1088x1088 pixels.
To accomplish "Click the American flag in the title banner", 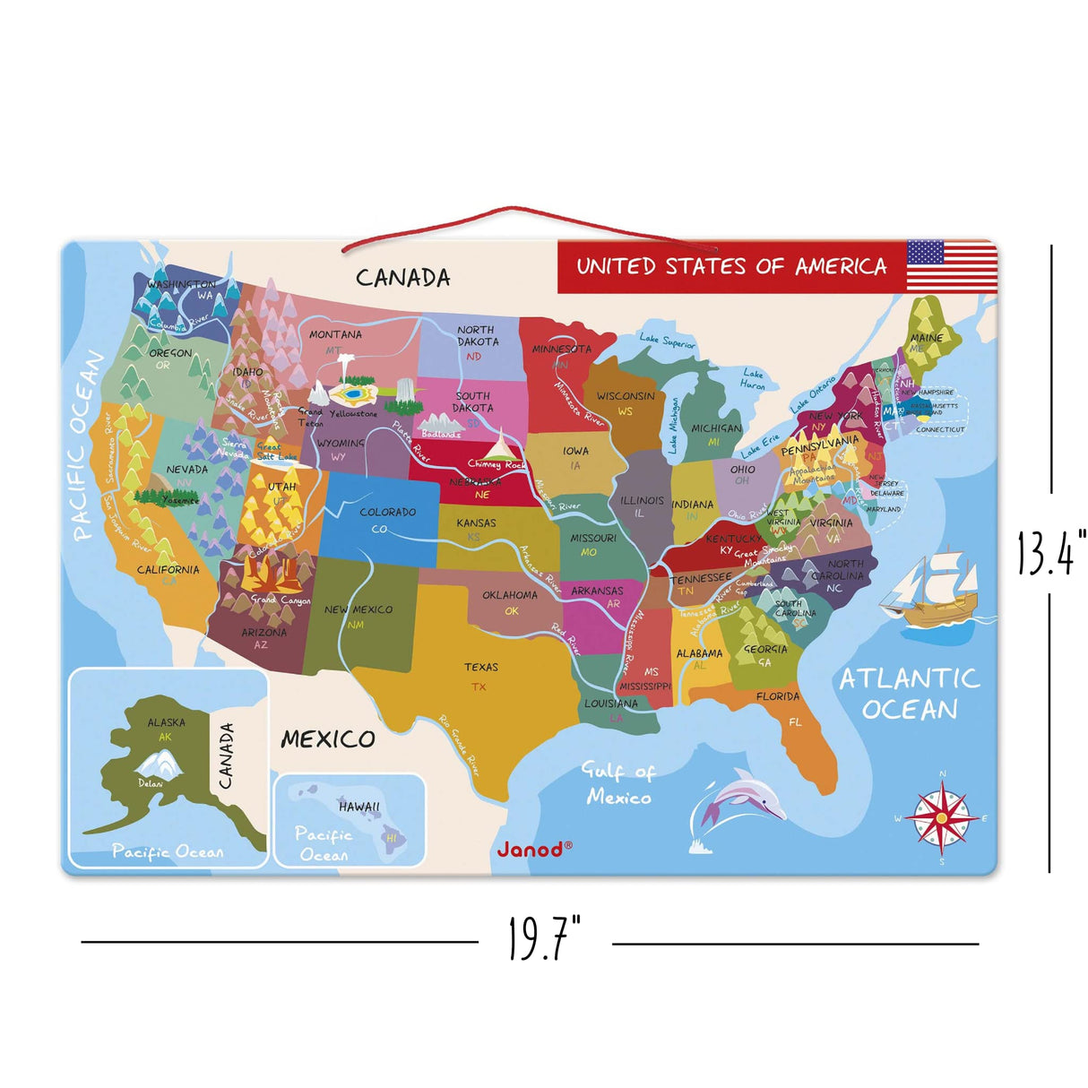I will click(952, 266).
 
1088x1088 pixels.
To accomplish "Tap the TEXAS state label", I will click(481, 667).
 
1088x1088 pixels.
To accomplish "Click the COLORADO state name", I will click(387, 512).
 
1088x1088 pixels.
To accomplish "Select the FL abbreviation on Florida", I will click(795, 721).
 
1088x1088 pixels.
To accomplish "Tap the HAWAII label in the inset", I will click(359, 807).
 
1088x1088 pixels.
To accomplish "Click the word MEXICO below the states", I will click(328, 739).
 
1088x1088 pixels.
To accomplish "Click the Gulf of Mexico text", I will click(618, 784).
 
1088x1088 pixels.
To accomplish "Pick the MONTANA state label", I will click(335, 334).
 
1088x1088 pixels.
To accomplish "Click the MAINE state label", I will click(926, 338).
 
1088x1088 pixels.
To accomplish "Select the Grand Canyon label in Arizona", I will click(281, 600).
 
